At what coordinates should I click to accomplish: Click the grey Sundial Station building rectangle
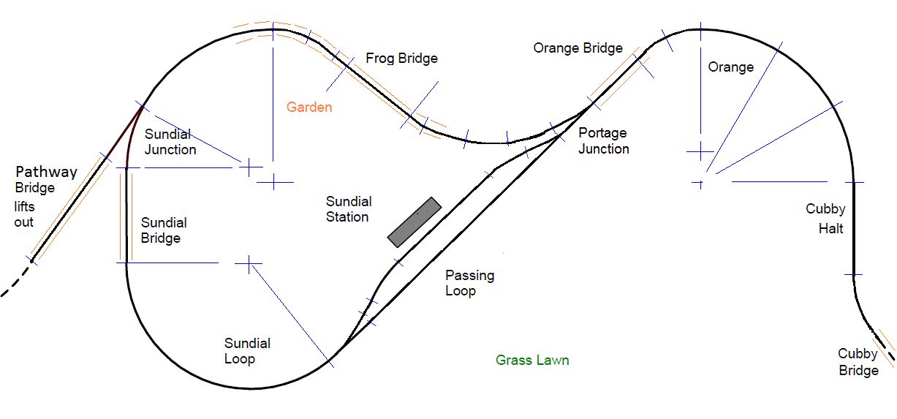pyautogui.click(x=415, y=222)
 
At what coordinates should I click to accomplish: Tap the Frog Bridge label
pyautogui.click(x=401, y=58)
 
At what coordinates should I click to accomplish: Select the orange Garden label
pyautogui.click(x=309, y=107)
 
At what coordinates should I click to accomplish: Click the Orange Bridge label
pyautogui.click(x=578, y=48)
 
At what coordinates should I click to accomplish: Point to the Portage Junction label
pyautogui.click(x=603, y=141)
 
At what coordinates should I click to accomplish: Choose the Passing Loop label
pyautogui.click(x=470, y=283)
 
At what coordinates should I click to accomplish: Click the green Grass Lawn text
pyautogui.click(x=532, y=360)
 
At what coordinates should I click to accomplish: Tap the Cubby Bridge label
pyautogui.click(x=858, y=362)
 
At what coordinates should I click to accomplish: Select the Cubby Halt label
pyautogui.click(x=826, y=219)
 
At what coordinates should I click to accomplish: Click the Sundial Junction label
pyautogui.click(x=170, y=142)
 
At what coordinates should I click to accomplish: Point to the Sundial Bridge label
pyautogui.click(x=164, y=230)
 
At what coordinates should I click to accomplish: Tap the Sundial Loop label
pyautogui.click(x=247, y=351)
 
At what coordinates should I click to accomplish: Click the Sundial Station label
pyautogui.click(x=349, y=208)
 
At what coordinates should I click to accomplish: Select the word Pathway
pyautogui.click(x=46, y=173)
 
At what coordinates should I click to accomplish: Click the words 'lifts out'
pyautogui.click(x=24, y=214)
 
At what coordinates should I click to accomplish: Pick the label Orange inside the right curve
pyautogui.click(x=730, y=67)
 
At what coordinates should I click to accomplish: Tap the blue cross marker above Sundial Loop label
pyautogui.click(x=249, y=263)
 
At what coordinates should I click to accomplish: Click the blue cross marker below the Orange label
pyautogui.click(x=700, y=151)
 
